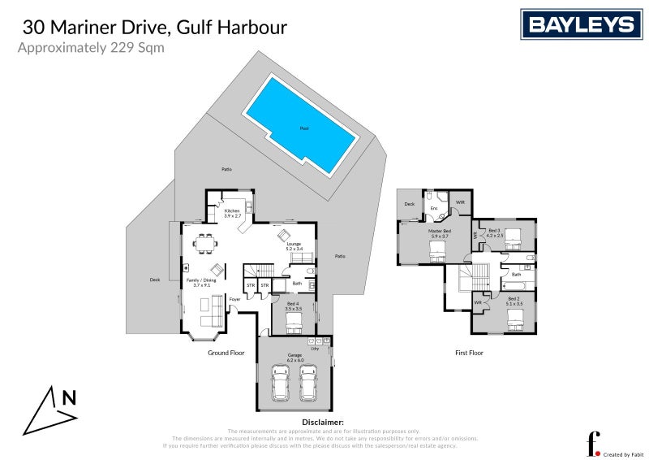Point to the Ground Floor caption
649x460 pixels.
(226, 354)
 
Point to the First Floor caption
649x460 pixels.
(469, 354)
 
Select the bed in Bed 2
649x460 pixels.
(514, 323)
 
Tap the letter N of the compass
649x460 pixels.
(69, 398)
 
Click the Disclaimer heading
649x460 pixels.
(323, 423)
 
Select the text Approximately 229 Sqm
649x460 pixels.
(91, 47)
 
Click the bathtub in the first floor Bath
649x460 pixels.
(516, 287)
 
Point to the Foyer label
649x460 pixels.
(234, 299)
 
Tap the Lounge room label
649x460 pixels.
(294, 245)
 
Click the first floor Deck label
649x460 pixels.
(410, 204)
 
